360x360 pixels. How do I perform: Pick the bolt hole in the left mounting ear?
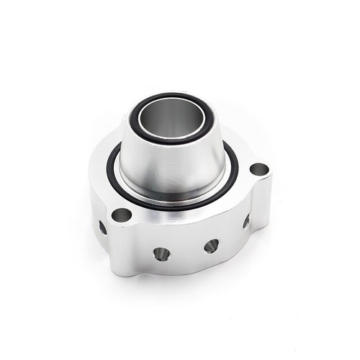[x=121, y=215]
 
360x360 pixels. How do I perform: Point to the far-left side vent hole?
[x=102, y=227]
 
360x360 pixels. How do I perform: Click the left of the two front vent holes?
[x=161, y=253]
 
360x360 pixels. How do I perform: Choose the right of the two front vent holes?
[x=211, y=246]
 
